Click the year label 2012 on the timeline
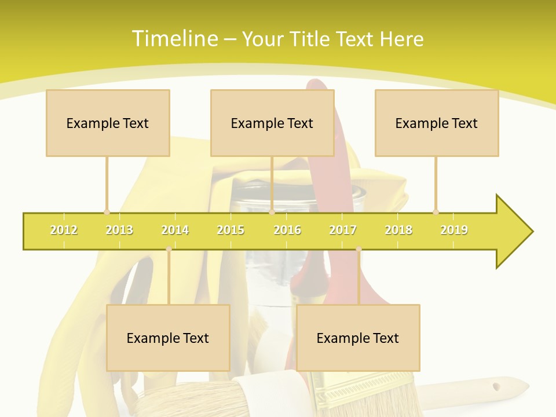pos(64,230)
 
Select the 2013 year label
pos(119,230)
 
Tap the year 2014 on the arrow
pos(175,230)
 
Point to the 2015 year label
pos(231,230)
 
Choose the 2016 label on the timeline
pos(287,230)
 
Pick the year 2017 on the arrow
pos(343,230)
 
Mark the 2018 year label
pos(398,230)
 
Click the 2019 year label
pos(454,230)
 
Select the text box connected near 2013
pos(108,123)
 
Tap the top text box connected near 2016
pos(272,123)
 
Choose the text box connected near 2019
pos(437,123)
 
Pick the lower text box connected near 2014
pos(168,338)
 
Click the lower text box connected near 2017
pos(358,338)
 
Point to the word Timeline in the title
pos(174,39)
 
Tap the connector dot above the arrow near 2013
pos(107,212)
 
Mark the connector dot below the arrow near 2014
pos(169,249)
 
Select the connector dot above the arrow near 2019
pos(436,212)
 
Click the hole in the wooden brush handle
pos(496,386)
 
